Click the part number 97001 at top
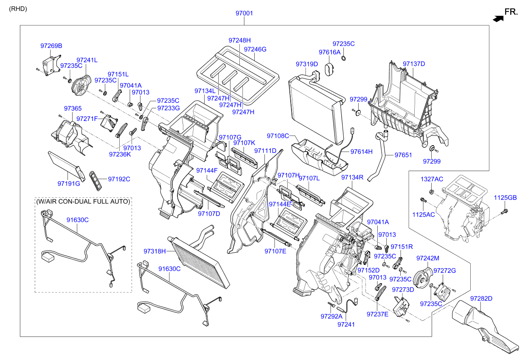coord(244,13)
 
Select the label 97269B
coord(51,45)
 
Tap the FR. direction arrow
coord(498,18)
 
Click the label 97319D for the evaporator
coord(307,64)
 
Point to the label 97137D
coord(414,64)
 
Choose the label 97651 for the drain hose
coord(403,155)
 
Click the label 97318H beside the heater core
coord(154,251)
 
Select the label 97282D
coord(481,298)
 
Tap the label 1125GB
coord(505,198)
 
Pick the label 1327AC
coord(432,179)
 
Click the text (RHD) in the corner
coord(18,8)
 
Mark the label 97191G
coord(69,183)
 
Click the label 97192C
coord(119,179)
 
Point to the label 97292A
coord(331,316)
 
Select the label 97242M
coord(427,258)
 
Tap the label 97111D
coord(265,151)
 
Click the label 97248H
coord(240,40)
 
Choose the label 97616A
coord(330,52)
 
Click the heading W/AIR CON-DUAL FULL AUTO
coord(83,201)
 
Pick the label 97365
coord(73,109)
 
